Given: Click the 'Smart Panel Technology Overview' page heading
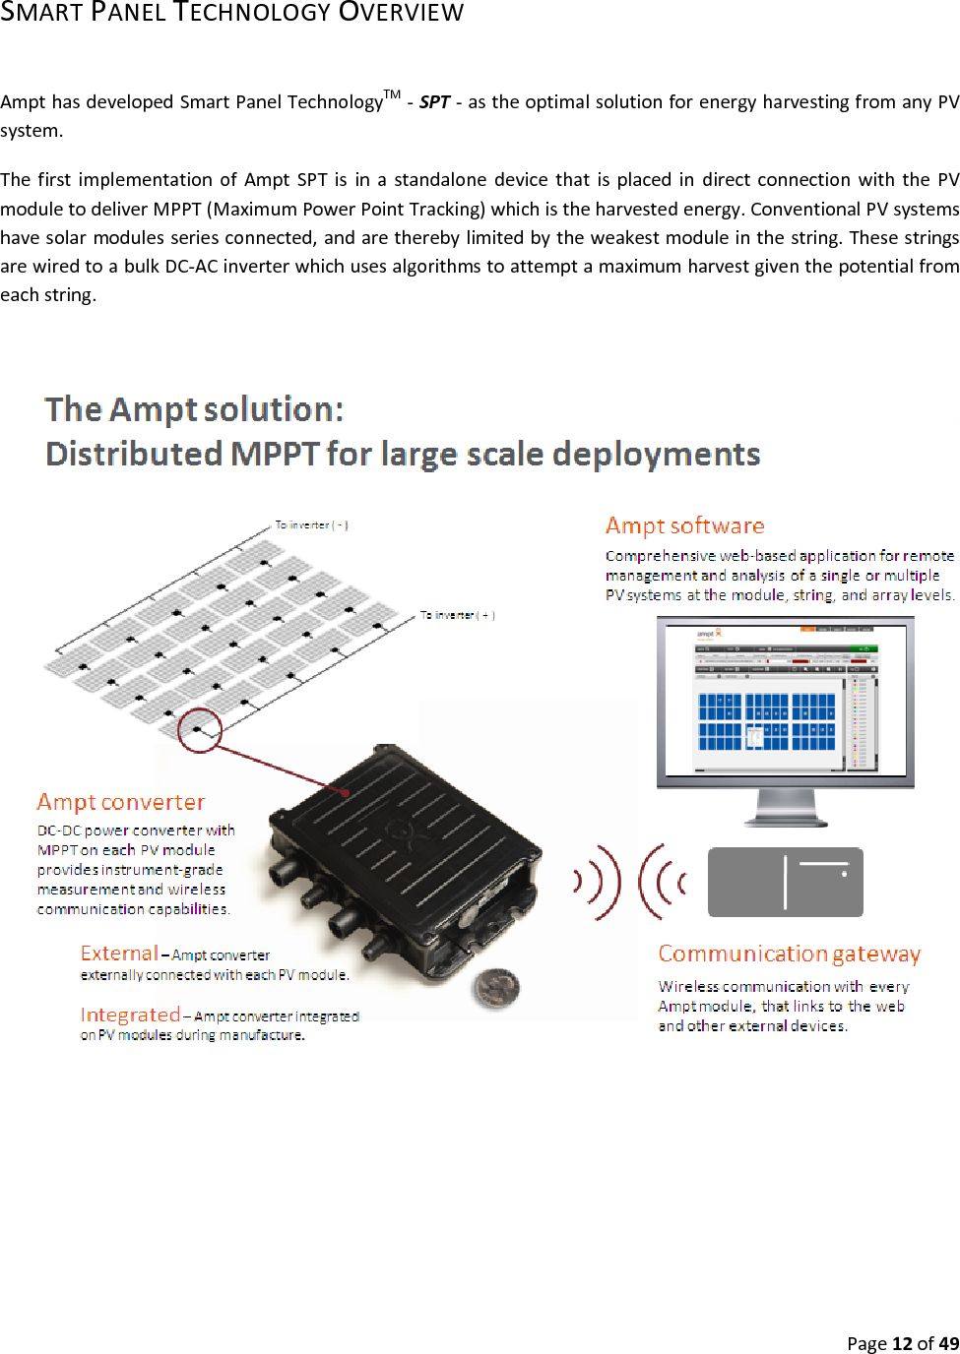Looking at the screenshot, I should (x=231, y=13).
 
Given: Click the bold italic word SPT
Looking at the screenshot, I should (x=434, y=102).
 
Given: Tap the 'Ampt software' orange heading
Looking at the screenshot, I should (x=684, y=525).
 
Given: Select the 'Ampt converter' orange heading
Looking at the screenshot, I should (x=121, y=802).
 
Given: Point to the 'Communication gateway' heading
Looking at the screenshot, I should (x=789, y=954).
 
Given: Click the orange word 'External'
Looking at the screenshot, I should (x=119, y=953).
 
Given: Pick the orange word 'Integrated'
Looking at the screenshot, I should (x=130, y=1015).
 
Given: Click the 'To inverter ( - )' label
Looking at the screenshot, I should (x=311, y=525).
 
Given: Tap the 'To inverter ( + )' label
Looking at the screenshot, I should (x=457, y=615).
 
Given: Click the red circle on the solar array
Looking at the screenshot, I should (x=200, y=730).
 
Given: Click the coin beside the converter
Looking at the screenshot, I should (x=496, y=987).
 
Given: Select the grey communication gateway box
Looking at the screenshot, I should (x=785, y=882).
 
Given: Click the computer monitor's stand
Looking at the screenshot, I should (x=785, y=808).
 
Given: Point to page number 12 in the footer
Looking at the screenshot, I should (x=902, y=1343).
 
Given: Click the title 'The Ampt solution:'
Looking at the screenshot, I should (x=195, y=409).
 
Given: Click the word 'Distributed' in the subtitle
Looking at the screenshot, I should (x=134, y=454).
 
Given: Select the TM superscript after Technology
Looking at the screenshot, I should (x=392, y=94).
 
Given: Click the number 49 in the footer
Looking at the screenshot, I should (x=948, y=1343).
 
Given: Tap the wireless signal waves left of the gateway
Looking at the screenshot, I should (x=630, y=881).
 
